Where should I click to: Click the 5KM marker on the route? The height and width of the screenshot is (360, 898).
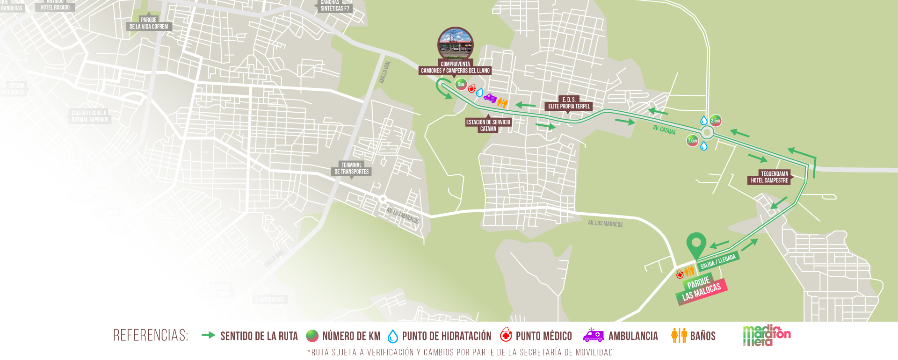461,85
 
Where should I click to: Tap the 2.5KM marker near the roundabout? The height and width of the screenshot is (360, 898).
716,121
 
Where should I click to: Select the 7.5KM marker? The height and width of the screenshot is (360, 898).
692,140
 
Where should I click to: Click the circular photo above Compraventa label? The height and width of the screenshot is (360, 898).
456,43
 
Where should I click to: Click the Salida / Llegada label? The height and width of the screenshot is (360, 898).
718,261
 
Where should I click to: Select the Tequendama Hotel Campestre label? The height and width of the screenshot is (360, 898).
769,177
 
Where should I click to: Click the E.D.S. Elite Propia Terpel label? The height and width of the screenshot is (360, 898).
569,103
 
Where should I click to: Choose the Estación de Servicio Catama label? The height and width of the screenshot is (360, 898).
488,125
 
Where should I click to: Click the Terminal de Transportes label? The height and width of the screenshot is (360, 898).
351,168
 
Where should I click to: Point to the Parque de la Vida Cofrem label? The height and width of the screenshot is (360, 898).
149,23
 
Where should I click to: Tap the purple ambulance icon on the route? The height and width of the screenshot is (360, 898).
490,98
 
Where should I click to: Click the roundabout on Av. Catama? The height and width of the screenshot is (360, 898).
707,133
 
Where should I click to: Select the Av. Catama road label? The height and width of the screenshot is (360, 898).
664,130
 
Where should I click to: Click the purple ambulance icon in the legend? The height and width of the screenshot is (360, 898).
593,335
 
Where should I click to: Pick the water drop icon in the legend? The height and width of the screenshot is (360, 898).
393,336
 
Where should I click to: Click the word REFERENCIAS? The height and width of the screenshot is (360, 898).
151,336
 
